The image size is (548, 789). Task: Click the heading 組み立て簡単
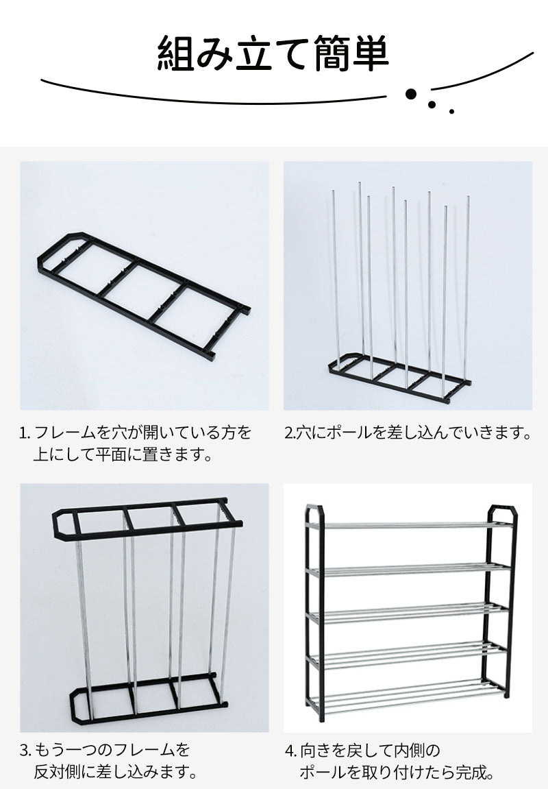(x=273, y=52)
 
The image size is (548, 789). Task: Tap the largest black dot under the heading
(x=412, y=94)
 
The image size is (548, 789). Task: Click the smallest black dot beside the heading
(x=451, y=111)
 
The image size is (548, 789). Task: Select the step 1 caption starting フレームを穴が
(x=135, y=444)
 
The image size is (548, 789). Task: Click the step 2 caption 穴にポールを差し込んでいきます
(x=408, y=433)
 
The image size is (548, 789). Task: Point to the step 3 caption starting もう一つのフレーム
(x=108, y=760)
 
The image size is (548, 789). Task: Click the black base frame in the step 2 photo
(x=399, y=378)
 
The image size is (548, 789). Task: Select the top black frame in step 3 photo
(x=147, y=519)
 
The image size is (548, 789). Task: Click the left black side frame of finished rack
(x=314, y=612)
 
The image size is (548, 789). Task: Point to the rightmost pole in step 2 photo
(x=466, y=289)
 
